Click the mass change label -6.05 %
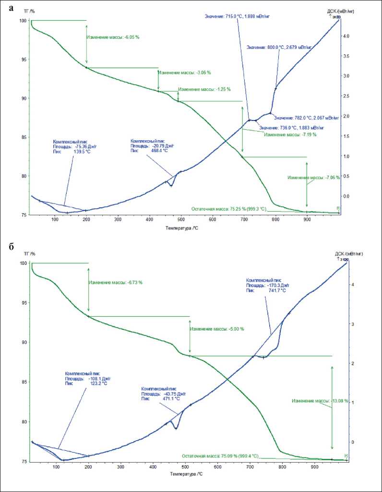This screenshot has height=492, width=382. (110, 37)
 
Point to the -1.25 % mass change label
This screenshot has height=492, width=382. (204, 89)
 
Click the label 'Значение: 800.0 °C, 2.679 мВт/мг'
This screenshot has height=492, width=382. (279, 48)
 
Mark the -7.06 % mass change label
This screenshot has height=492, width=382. (313, 178)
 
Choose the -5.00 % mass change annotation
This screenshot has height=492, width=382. (217, 329)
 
